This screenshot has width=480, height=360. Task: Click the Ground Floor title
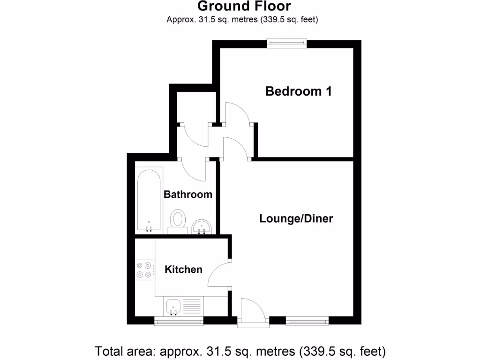[x=244, y=6]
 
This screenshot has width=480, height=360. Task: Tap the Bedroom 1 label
[x=299, y=91]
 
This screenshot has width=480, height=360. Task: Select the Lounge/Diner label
[x=296, y=218]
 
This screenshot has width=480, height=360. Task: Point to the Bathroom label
[x=187, y=194]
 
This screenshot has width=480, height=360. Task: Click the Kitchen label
[x=183, y=270]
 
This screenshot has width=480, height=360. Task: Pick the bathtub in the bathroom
[x=149, y=199]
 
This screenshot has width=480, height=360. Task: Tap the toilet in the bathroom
[x=178, y=220]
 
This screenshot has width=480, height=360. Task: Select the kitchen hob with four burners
[x=145, y=270]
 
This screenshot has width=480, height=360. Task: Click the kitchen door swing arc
[x=217, y=274]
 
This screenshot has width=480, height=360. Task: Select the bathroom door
[x=193, y=170]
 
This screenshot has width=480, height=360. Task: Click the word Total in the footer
[x=109, y=351]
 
